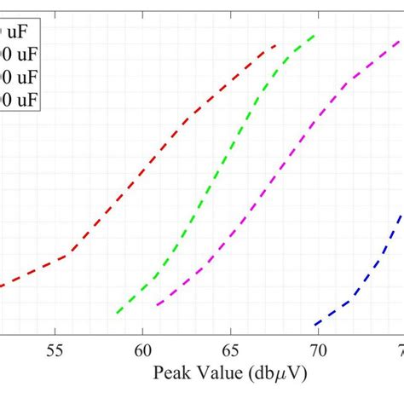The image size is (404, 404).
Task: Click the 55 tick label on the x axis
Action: pyautogui.click(x=55, y=349)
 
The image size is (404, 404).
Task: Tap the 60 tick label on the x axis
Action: pyautogui.click(x=142, y=349)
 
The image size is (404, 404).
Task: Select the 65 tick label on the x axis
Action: pyautogui.click(x=229, y=349)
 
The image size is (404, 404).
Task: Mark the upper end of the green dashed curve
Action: pyautogui.click(x=315, y=35)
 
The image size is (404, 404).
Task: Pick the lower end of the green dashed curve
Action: pyautogui.click(x=118, y=313)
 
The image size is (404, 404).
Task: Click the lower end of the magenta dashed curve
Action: pyautogui.click(x=157, y=304)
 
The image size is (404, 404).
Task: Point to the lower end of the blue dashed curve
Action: pyautogui.click(x=315, y=325)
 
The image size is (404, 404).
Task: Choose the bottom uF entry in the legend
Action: pyautogui.click(x=18, y=100)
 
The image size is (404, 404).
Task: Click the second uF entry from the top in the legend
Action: pyautogui.click(x=18, y=55)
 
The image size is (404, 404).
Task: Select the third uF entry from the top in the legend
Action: pyautogui.click(x=18, y=78)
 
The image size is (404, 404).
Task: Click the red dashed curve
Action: pyautogui.click(x=153, y=158)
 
